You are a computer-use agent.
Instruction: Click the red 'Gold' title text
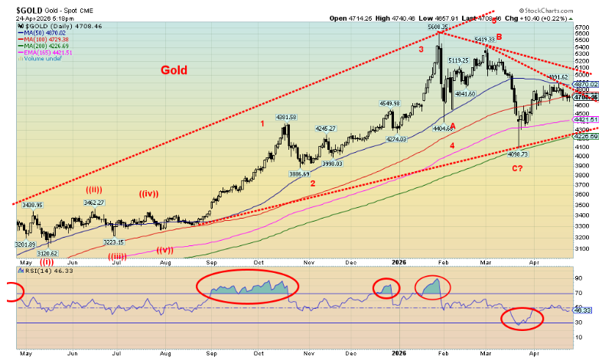pyautogui.click(x=175, y=70)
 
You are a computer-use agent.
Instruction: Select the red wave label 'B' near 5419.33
pyautogui.click(x=498, y=36)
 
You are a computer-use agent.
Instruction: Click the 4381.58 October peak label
pyautogui.click(x=285, y=117)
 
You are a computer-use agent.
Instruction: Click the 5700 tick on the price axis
pyautogui.click(x=583, y=27)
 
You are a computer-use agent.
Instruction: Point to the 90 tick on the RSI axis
pyautogui.click(x=579, y=279)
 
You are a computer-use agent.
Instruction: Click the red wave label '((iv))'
pyautogui.click(x=151, y=203)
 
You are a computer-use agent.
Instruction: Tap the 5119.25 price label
pyautogui.click(x=458, y=60)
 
